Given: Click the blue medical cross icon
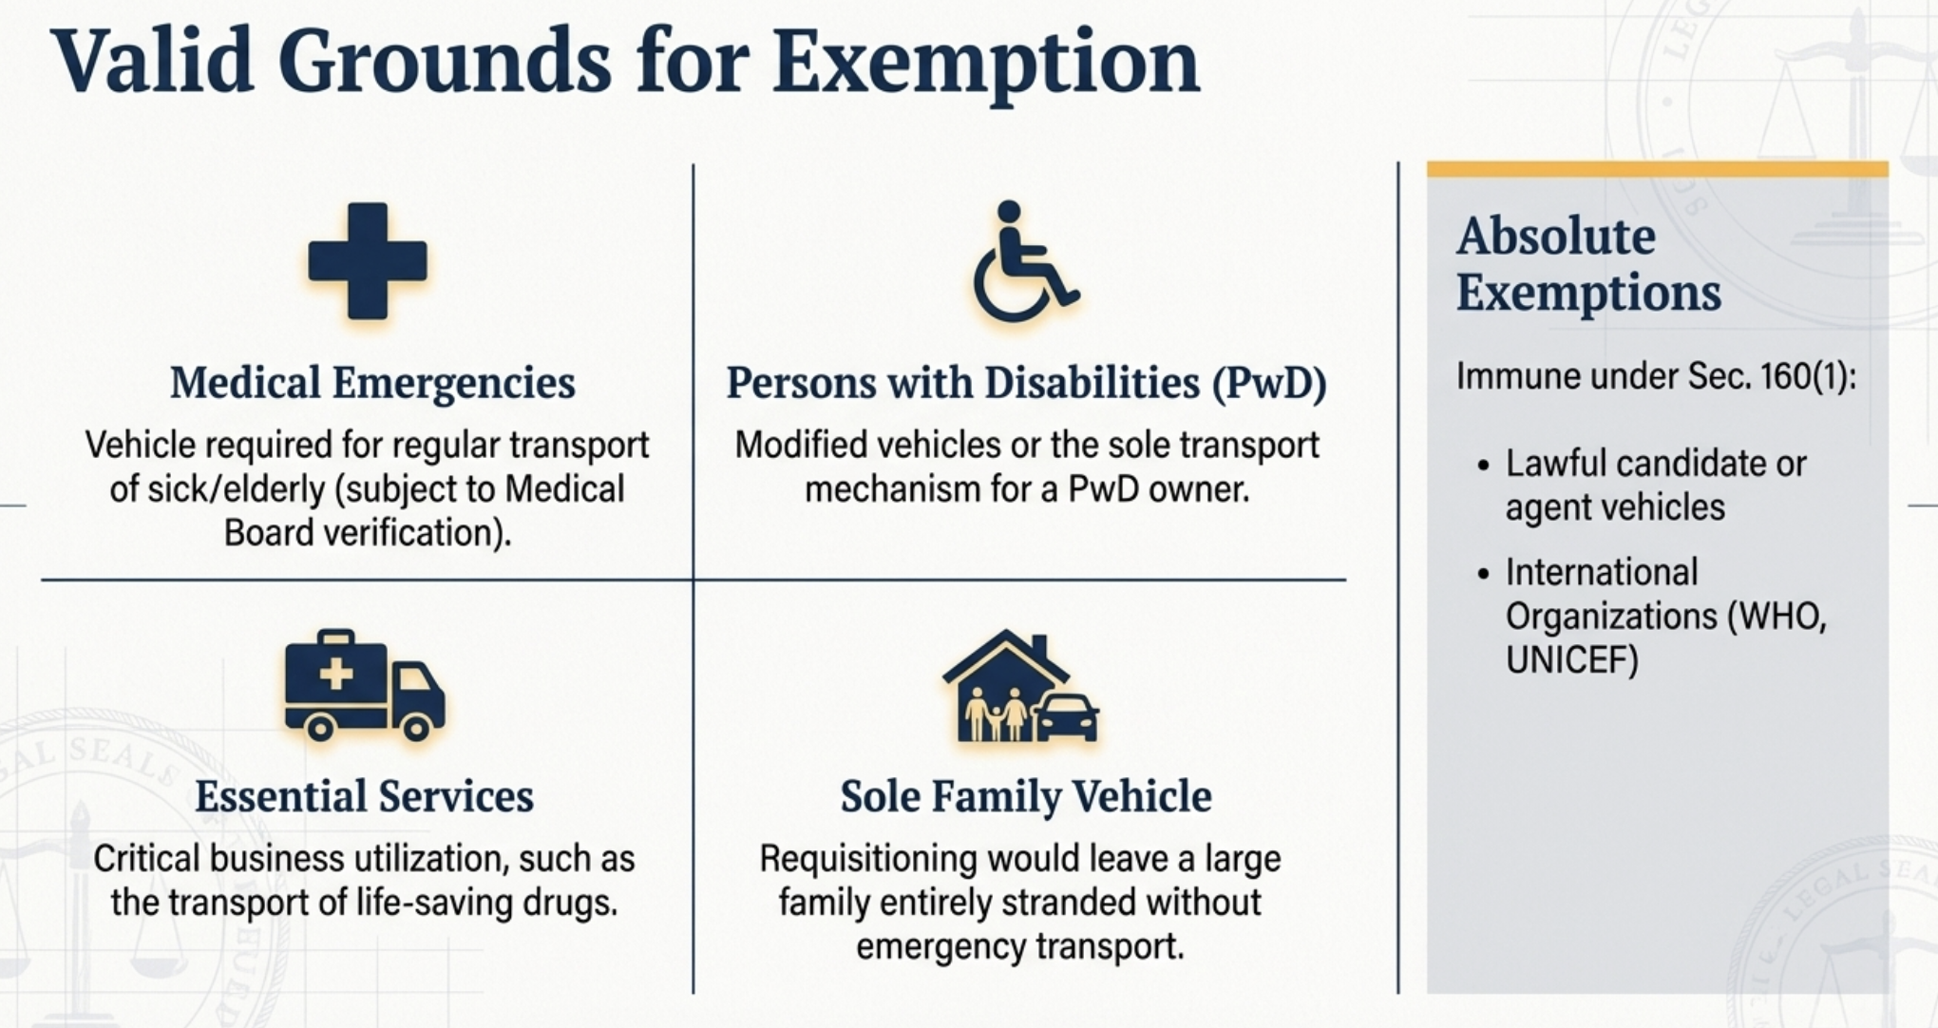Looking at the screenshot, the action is point(368,261).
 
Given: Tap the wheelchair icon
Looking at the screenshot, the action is point(1024,261).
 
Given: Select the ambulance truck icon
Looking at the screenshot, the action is point(365,685).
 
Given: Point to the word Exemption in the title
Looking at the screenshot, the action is point(986,63).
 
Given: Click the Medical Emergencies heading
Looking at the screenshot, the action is point(372,383).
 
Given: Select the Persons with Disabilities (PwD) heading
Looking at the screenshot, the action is point(1026,383).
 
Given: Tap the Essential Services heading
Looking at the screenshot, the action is point(365,796).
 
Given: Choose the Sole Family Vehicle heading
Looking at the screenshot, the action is point(1026,796).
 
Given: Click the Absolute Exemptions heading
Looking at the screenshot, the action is point(1588,264).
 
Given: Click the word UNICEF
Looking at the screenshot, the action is point(1572,660).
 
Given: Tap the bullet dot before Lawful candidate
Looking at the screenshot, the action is point(1484,466).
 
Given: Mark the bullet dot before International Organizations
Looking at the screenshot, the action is point(1484,574).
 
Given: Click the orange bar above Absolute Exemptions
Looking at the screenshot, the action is point(1658,169).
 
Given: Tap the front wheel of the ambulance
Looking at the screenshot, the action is point(416,728).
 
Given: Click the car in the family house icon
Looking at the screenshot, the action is point(1065,718).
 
